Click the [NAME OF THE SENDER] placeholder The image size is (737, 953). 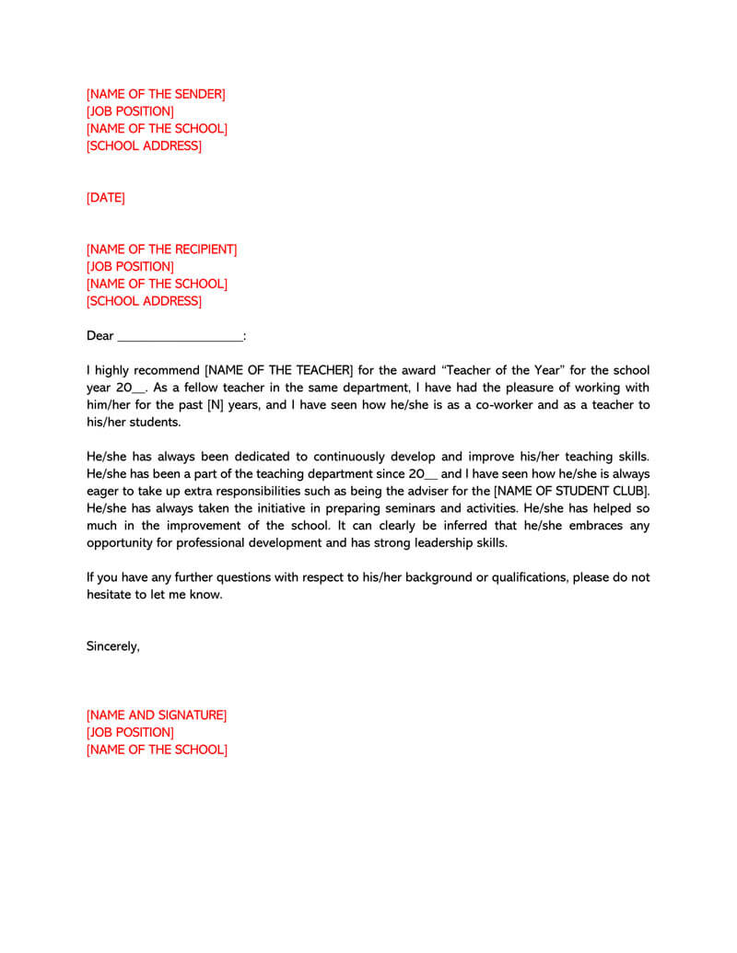tap(156, 94)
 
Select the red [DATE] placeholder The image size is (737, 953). tap(105, 198)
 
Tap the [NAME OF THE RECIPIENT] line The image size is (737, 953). tap(161, 250)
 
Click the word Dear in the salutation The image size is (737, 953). tap(99, 336)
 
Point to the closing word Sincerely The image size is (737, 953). tap(112, 646)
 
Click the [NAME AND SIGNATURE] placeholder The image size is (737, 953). tap(157, 715)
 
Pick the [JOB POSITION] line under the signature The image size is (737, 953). tap(130, 733)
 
